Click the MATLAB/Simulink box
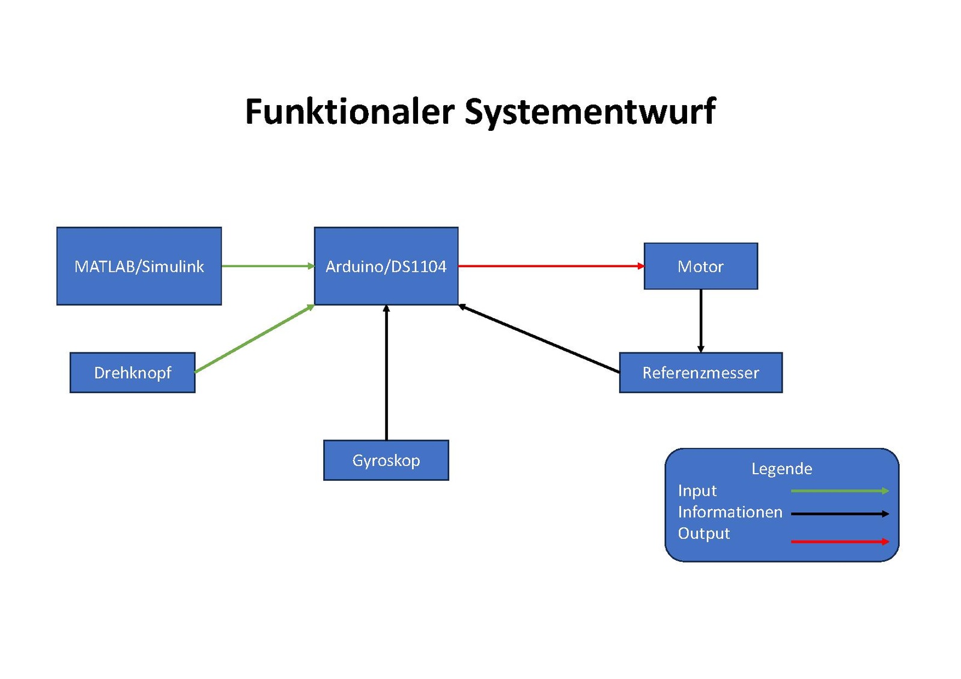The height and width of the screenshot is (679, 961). point(139,266)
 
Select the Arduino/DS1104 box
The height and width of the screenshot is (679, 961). point(386,266)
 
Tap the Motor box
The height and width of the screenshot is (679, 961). point(700,266)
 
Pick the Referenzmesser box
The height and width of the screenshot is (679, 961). point(700,373)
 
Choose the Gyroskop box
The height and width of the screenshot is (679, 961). point(386,460)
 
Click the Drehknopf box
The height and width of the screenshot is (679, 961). point(132,373)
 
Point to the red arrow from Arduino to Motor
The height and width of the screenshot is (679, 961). point(550,266)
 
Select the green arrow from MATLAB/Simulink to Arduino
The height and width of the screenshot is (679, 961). point(267,266)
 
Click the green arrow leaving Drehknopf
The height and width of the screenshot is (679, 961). point(254,339)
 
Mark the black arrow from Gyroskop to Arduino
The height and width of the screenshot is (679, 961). point(386,372)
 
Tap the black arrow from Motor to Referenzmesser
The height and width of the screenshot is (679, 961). point(700,321)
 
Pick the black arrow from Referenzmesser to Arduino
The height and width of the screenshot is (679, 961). point(539,339)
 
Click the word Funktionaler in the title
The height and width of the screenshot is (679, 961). point(350,112)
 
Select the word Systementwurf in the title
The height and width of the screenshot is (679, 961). point(590,112)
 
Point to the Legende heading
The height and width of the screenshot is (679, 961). point(781,469)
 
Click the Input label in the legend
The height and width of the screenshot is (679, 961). point(697,491)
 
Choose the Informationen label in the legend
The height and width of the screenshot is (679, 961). point(730,512)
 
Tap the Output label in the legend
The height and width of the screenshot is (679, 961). point(703,534)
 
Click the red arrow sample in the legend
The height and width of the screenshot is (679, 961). point(840,542)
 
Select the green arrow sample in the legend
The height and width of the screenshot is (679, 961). point(840,491)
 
